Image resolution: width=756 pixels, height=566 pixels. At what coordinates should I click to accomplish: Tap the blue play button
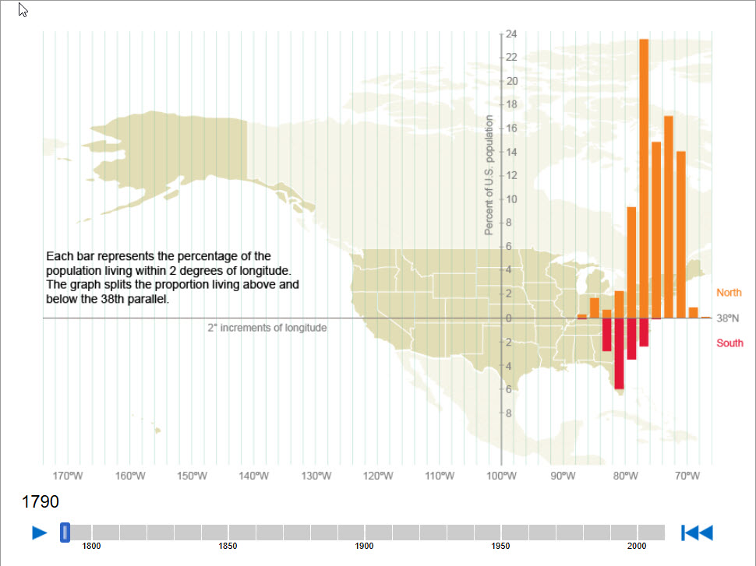pos(40,533)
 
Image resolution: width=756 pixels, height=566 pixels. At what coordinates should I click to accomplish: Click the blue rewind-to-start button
pos(697,533)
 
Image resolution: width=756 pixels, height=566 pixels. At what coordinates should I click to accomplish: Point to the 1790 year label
pos(41,502)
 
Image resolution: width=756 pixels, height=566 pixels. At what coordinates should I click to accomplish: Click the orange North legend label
pos(729,293)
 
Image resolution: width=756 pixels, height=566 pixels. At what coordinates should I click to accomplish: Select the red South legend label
pos(730,343)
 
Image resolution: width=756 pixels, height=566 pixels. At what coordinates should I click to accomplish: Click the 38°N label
pos(728,318)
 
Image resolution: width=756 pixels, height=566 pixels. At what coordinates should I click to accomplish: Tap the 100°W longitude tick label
pos(502,476)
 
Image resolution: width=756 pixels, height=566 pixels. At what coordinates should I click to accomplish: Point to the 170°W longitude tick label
pos(67,476)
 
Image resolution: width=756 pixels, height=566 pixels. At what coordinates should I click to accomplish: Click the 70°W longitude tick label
pos(687,476)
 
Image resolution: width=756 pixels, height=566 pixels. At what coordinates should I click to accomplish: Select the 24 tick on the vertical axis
pos(511,34)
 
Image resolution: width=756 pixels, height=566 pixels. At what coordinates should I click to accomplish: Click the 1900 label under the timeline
pos(364,547)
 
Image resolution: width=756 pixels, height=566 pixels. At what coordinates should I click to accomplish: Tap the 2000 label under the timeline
pos(638,547)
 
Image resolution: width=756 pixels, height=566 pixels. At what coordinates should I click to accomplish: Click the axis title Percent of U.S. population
pos(489,175)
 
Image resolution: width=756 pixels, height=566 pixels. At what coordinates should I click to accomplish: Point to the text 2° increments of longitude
pos(267,328)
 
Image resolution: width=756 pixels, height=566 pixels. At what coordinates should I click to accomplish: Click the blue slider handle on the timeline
pos(65,533)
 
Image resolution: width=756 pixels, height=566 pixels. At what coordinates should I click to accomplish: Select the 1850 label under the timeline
pos(228,547)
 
